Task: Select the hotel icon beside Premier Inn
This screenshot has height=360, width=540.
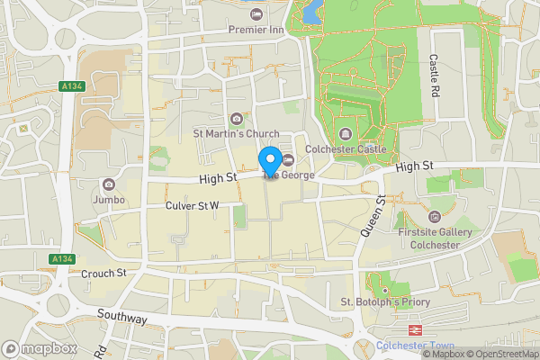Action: pyautogui.click(x=256, y=14)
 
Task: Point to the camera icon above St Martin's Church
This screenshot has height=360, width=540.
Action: pyautogui.click(x=236, y=119)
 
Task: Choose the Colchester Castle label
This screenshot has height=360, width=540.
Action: pyautogui.click(x=346, y=149)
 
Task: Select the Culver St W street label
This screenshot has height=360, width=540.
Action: pyautogui.click(x=193, y=206)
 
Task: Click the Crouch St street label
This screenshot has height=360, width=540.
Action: pyautogui.click(x=103, y=273)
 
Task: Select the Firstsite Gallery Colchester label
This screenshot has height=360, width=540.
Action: pyautogui.click(x=436, y=237)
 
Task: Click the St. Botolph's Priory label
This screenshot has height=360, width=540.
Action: pyautogui.click(x=384, y=302)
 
